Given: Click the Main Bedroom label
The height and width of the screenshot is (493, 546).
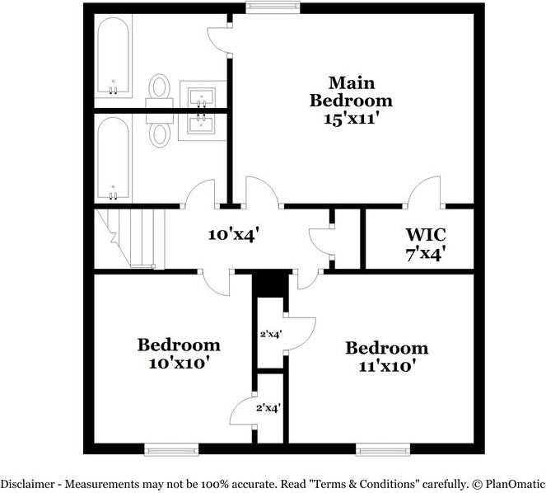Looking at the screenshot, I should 351,92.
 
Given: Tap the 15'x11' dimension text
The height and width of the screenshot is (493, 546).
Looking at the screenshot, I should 351,118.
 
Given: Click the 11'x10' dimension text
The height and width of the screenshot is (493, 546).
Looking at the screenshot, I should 386,365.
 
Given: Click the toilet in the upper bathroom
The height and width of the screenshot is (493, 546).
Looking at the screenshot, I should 159,87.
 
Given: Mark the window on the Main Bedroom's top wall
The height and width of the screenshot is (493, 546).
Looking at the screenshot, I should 263,8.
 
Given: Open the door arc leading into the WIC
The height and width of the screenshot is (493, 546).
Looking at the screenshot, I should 427,191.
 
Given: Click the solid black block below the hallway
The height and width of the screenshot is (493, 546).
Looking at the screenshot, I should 268,284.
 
